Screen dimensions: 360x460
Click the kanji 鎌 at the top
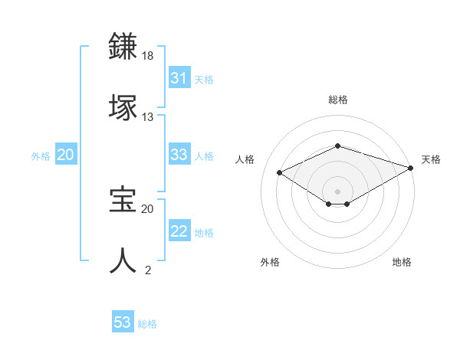[x=123, y=47]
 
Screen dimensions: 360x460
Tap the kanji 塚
[x=123, y=106]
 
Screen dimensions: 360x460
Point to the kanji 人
[x=123, y=260]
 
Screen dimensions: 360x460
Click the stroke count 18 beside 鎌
[x=148, y=56]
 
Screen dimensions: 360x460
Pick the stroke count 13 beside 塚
[x=148, y=116]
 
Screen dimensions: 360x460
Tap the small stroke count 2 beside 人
[x=148, y=270]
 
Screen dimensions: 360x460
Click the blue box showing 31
[x=179, y=78]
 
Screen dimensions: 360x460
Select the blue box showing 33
[x=179, y=155]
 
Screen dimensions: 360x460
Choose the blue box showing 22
[x=179, y=232]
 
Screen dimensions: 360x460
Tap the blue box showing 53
[x=123, y=322]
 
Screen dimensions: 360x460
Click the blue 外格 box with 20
[x=65, y=155]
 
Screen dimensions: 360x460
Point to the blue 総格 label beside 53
[x=148, y=324]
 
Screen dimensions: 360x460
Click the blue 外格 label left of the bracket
[x=41, y=156]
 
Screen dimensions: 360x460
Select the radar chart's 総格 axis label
[x=337, y=100]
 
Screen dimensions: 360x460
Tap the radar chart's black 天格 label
[x=431, y=159]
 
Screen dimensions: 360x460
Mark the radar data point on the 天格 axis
[x=411, y=167]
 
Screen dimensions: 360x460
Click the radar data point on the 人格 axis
[x=280, y=172]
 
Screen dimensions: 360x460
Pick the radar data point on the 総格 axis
[x=337, y=146]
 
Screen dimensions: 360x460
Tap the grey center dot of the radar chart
[x=337, y=191]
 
